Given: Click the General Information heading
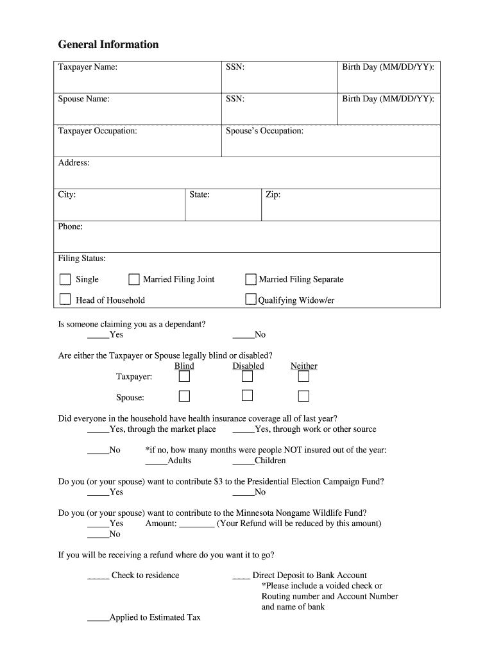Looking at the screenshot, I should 108,44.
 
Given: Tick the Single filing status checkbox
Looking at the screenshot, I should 65,279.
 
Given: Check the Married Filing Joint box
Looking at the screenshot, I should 134,279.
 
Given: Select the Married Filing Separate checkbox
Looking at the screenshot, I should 251,279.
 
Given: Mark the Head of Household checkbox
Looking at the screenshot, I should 65,300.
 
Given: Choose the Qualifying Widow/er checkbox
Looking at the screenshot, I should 251,300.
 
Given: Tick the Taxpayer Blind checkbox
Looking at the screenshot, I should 184,377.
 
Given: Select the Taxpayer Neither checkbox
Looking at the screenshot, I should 303,377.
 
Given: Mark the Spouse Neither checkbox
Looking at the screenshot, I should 303,396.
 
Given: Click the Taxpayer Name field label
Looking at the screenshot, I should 88,67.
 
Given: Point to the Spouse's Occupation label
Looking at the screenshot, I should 264,131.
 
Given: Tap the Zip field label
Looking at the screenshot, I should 273,194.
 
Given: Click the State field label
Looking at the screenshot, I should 200,194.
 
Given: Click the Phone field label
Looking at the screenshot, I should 71,226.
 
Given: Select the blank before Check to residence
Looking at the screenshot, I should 98,577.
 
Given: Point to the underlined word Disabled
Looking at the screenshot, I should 248,366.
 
